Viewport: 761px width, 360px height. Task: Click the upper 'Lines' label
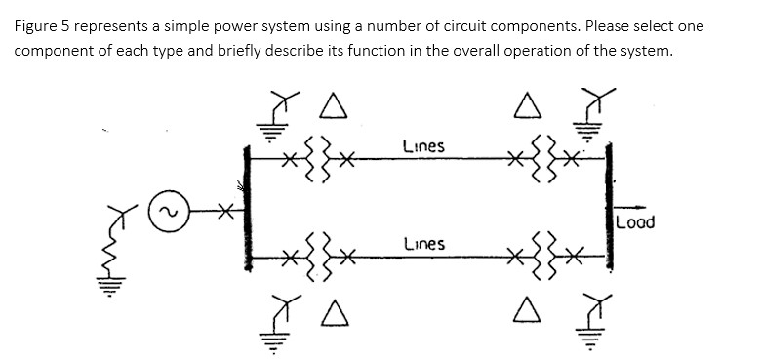click(x=423, y=146)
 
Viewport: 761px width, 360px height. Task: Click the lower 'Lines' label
click(x=423, y=243)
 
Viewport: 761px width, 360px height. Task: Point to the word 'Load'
click(x=635, y=222)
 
